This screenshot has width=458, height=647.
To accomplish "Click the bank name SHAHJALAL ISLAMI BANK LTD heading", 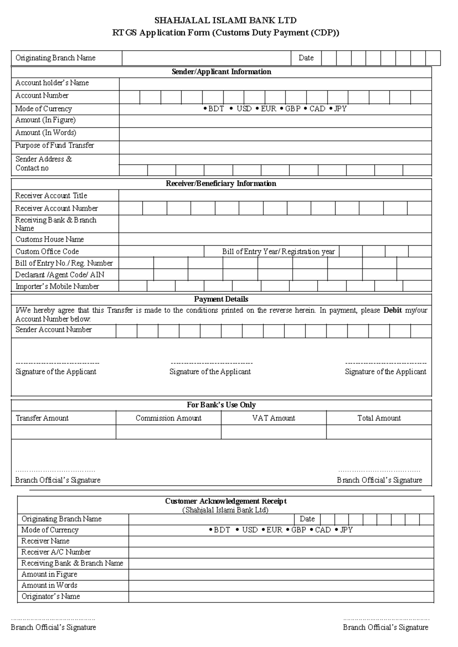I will click(225, 20).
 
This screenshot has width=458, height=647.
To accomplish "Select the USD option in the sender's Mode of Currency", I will click(244, 109).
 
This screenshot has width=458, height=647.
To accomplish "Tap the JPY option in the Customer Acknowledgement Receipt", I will click(346, 530).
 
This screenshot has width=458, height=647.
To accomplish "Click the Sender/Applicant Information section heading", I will click(221, 72).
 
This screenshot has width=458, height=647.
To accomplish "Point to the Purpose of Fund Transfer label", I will click(55, 145).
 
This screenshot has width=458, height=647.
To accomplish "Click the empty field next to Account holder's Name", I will click(275, 83).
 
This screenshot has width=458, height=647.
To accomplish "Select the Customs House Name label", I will click(50, 240).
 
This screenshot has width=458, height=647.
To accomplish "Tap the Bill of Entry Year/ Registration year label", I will click(278, 252).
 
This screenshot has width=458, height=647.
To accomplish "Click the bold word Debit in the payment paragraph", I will click(392, 311).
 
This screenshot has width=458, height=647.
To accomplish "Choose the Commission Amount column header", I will click(168, 418).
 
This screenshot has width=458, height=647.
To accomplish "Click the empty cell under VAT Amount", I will click(273, 432).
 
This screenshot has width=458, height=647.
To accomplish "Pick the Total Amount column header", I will click(379, 418).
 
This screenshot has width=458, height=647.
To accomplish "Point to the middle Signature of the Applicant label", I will click(210, 372).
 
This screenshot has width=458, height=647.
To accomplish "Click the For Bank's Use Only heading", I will click(221, 405).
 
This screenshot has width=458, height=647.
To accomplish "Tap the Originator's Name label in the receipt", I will click(51, 596).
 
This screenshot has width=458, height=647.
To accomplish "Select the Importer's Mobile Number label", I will click(57, 286).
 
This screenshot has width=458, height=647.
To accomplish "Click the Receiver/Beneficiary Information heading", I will click(221, 183).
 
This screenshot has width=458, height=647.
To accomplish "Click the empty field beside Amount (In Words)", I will click(275, 134).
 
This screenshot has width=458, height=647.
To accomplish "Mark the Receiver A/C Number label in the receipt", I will click(56, 552).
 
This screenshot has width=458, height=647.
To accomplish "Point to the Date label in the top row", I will click(306, 58).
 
